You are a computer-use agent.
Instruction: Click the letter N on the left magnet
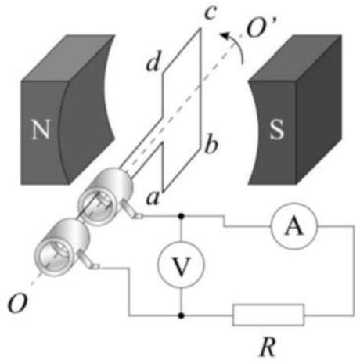tap(41, 129)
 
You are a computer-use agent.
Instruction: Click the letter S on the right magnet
tap(276, 130)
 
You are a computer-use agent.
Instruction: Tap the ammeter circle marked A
tap(294, 226)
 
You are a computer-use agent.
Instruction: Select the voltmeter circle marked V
tap(181, 265)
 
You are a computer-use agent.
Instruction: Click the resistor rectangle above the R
tap(268, 315)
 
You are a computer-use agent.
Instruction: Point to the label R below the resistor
tap(268, 347)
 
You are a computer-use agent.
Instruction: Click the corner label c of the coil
tap(211, 12)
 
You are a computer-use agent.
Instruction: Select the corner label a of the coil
tap(153, 198)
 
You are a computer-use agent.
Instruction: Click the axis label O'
tap(260, 27)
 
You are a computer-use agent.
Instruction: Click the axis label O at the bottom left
tap(17, 304)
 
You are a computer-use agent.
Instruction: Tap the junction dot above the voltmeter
tap(181, 216)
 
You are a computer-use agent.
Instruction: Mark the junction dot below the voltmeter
tap(181, 315)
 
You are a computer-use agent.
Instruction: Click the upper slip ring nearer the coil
tap(106, 196)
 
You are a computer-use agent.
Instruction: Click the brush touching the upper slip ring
tap(131, 210)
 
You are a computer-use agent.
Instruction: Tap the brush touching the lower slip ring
tap(88, 260)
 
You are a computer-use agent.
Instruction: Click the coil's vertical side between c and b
tap(200, 88)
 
